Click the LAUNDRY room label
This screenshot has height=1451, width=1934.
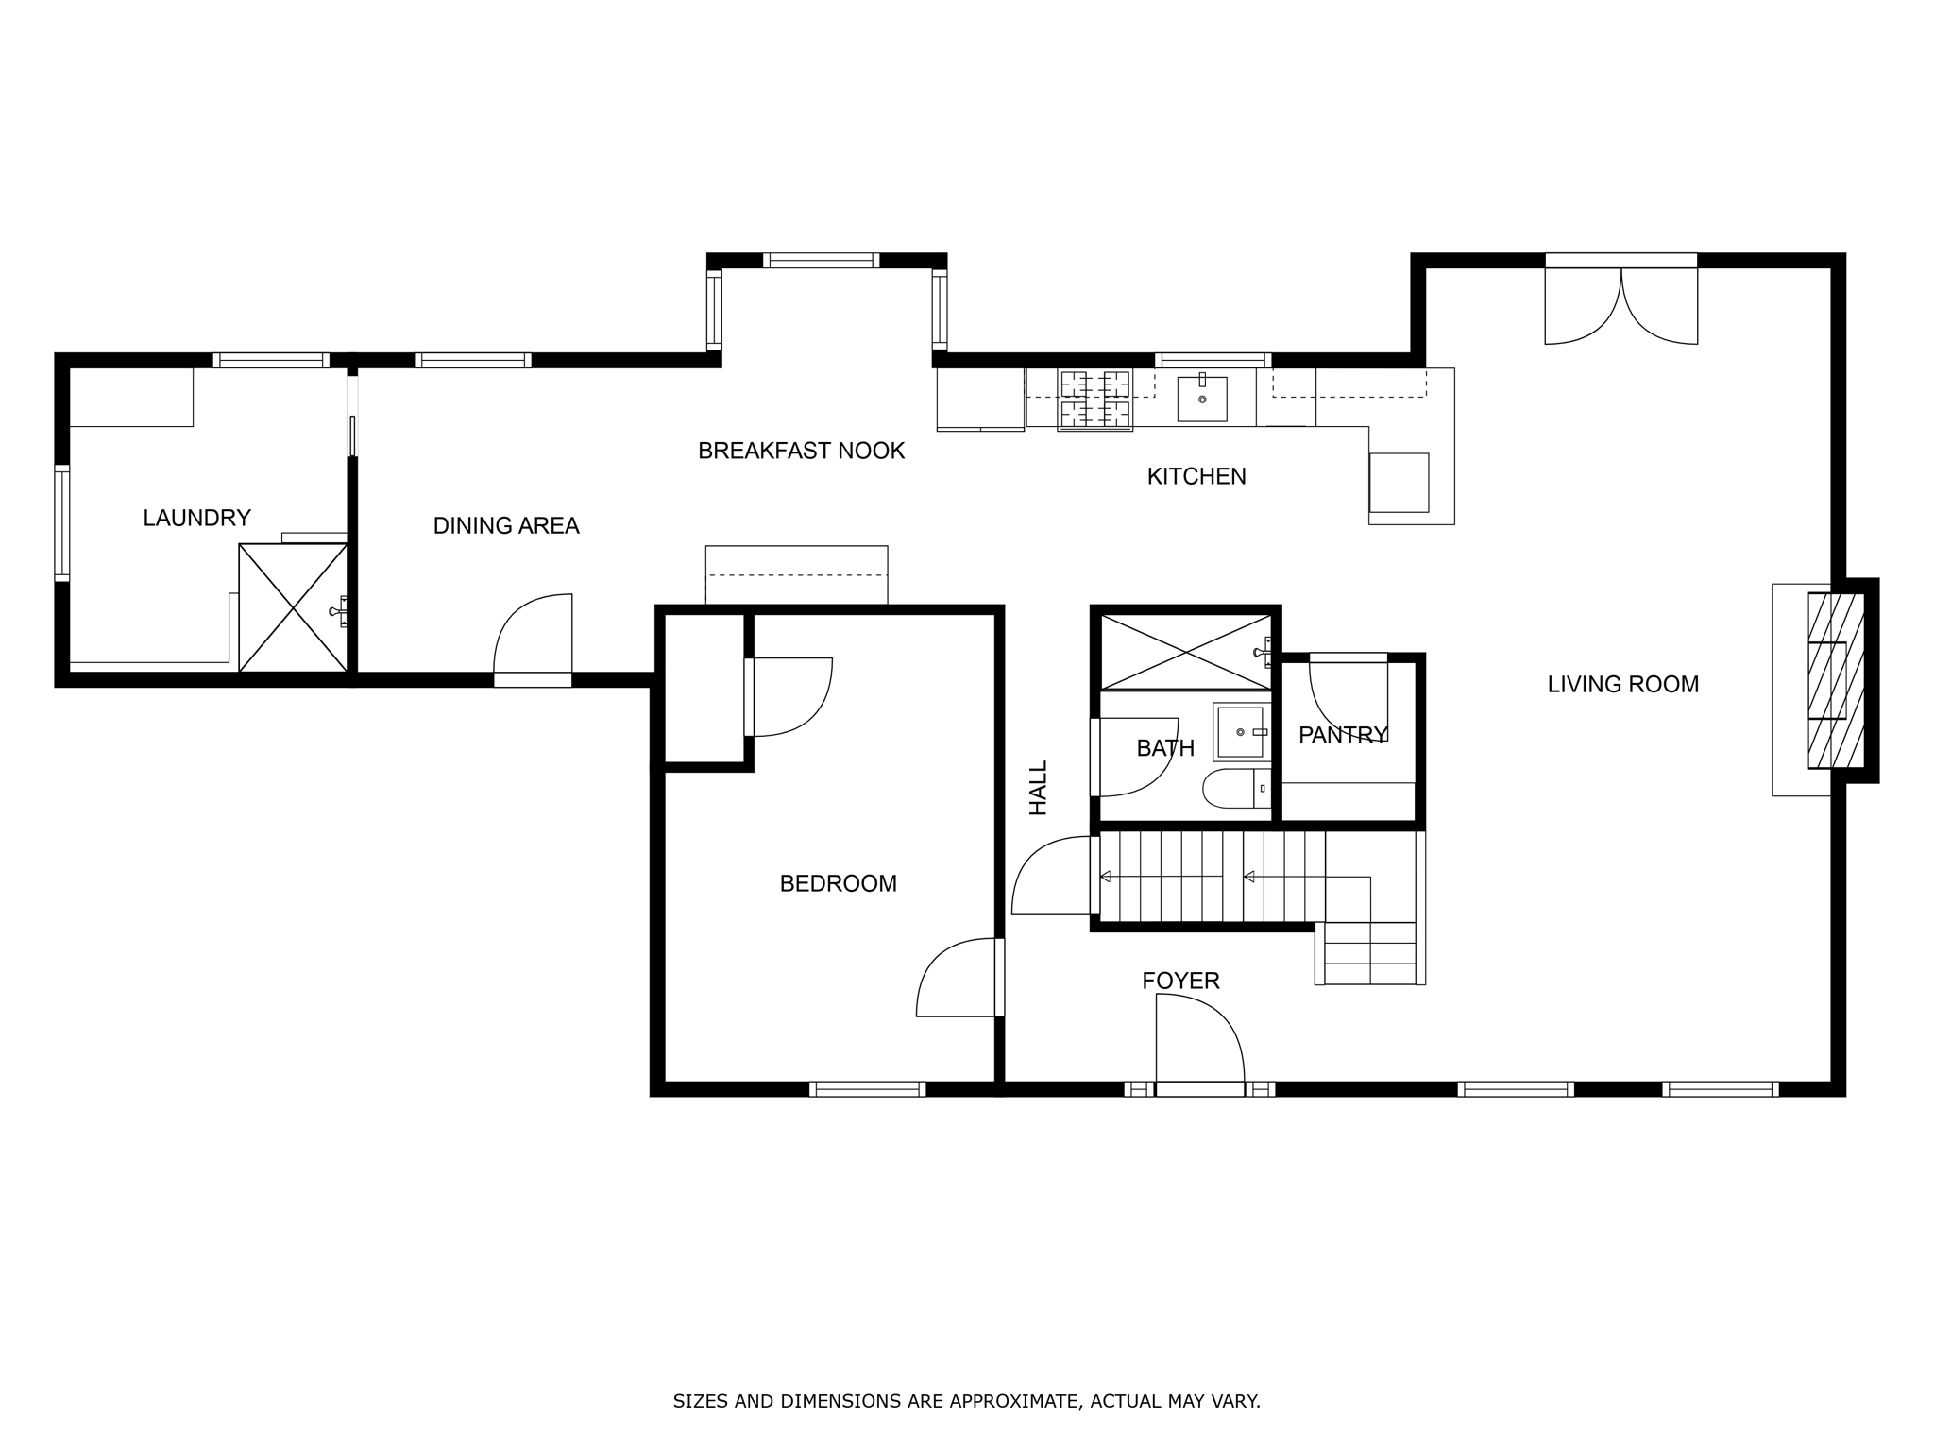pos(196,518)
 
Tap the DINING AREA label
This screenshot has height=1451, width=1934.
pos(506,526)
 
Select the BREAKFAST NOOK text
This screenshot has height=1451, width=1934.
pos(801,452)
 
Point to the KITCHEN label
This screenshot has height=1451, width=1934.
pos(1196,477)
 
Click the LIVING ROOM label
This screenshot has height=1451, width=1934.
pos(1622,685)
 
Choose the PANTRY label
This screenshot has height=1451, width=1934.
pos(1343,735)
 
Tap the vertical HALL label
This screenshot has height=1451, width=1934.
pos(1039,788)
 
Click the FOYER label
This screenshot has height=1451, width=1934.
pos(1180,982)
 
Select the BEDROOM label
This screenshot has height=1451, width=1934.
pos(838,884)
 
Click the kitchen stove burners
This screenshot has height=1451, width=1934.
pos(1095,399)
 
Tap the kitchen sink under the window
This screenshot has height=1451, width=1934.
pos(1202,399)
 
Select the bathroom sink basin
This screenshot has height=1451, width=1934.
pos(1240,732)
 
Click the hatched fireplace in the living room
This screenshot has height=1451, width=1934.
pos(1835,680)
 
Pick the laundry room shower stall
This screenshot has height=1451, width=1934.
pos(293,607)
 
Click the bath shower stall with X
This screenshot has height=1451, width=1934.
pos(1185,652)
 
